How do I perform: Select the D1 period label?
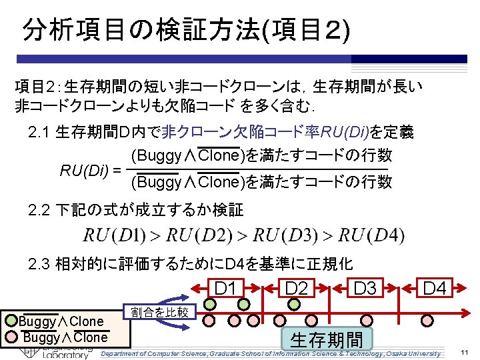226,289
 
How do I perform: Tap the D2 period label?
296,289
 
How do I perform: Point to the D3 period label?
365,289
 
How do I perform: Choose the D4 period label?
435,289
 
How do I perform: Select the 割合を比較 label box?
159,311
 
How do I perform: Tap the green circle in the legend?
11,321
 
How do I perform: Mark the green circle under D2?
294,304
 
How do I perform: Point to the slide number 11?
465,353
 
